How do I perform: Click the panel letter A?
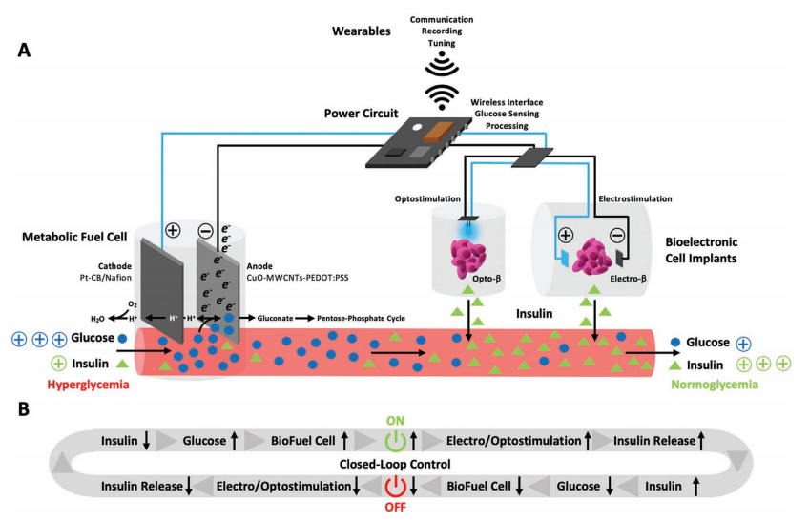point(26,51)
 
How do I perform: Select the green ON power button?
point(395,440)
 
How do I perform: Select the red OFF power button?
point(395,486)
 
